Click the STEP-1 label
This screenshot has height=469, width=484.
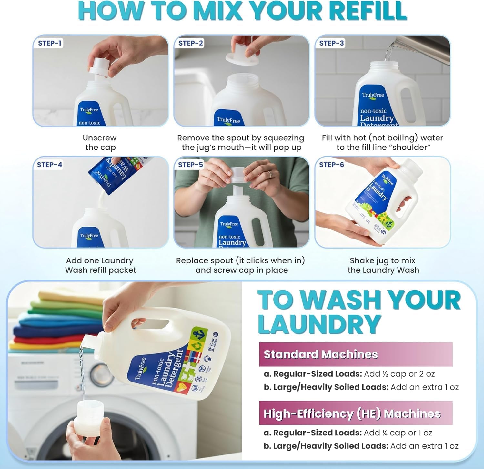point(49,43)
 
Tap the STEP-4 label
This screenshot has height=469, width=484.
point(49,165)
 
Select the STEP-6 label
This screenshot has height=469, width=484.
point(331,165)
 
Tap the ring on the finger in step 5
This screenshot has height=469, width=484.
point(269,175)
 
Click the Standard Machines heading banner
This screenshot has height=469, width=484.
point(355,354)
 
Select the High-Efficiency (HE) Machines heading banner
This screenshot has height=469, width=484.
point(355,413)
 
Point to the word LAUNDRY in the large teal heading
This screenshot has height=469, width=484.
point(319,324)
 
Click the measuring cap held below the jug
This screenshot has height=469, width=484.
point(89,415)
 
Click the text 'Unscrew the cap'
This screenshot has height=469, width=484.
point(100,142)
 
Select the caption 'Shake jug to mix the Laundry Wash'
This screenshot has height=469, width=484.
point(383,265)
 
